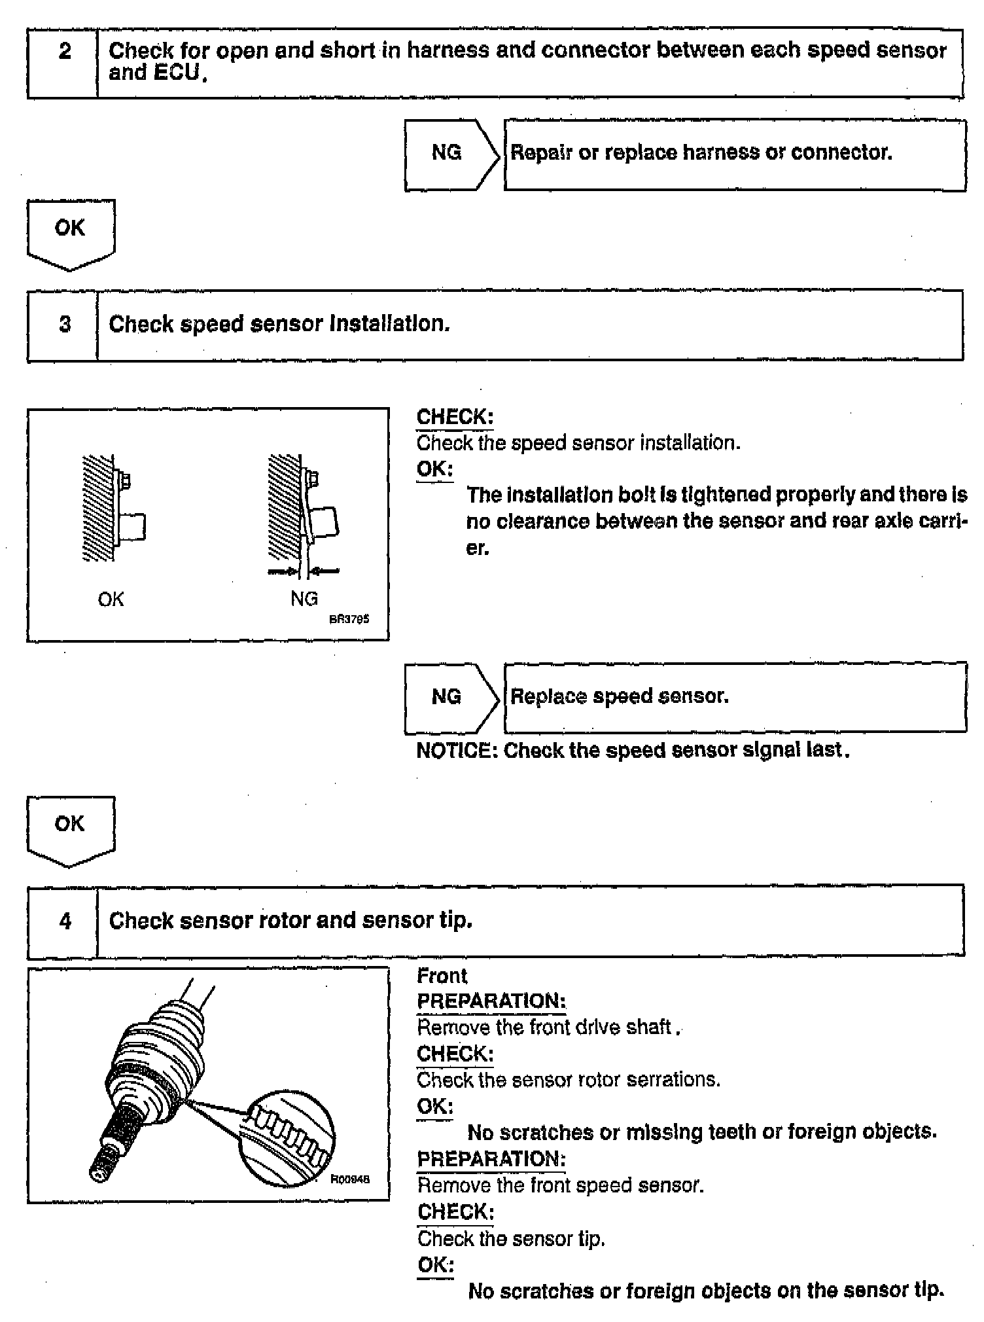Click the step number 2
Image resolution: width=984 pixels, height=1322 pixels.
coord(65,51)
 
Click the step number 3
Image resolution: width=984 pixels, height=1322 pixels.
coord(65,325)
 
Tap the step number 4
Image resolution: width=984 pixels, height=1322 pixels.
coord(65,921)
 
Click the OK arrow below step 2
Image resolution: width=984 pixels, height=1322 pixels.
coord(70,232)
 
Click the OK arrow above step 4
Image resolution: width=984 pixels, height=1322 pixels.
coord(70,828)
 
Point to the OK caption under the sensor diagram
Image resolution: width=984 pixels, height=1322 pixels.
coord(111,599)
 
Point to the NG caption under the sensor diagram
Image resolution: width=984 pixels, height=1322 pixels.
coord(304,599)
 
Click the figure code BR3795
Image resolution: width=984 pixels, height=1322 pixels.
coord(349,619)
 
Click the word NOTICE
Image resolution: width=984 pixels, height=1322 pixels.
coord(456,750)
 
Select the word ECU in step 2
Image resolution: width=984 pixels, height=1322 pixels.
coord(176,73)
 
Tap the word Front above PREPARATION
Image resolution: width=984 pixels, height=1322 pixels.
coord(442,976)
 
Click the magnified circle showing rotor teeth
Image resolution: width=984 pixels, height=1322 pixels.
coord(287,1139)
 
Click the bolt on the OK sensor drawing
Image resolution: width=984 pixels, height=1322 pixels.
coord(125,481)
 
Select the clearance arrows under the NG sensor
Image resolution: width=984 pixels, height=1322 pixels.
coord(303,571)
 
